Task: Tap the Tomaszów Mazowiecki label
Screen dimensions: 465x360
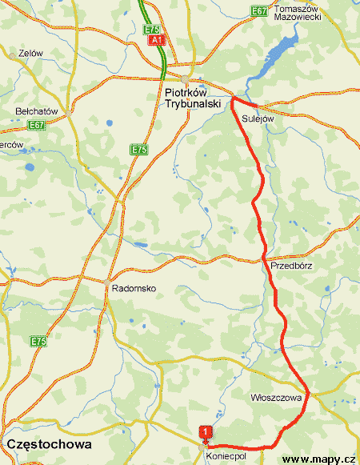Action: (297, 13)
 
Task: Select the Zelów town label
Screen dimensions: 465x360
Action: (30, 54)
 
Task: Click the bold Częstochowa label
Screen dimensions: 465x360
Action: (49, 443)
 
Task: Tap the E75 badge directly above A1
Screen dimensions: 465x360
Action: (152, 29)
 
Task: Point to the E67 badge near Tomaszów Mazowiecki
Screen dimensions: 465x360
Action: (258, 10)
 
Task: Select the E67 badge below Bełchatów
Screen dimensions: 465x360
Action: (36, 126)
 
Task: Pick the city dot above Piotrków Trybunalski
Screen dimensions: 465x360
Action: (185, 78)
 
